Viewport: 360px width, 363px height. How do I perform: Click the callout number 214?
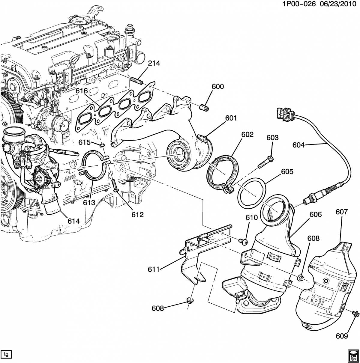[154, 64]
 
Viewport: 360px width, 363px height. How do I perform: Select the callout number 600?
[217, 87]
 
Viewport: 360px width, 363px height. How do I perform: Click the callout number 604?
[298, 145]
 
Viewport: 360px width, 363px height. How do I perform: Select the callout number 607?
[341, 212]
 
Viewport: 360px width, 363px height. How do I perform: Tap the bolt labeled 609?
[356, 314]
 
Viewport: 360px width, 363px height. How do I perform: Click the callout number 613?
[89, 202]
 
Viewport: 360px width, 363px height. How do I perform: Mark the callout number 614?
[73, 221]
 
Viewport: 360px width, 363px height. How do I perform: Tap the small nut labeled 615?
[102, 145]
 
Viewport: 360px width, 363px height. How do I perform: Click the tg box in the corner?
[6, 354]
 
